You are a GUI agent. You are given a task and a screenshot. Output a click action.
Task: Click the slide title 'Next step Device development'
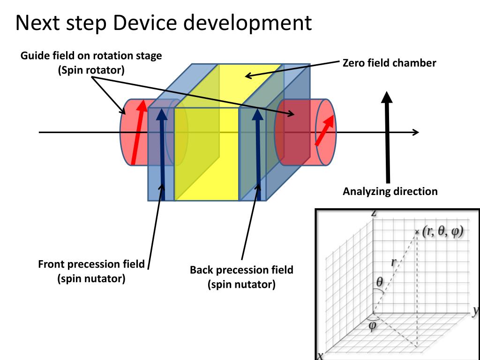pos(164,22)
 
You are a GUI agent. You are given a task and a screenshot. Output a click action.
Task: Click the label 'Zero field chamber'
pos(389,63)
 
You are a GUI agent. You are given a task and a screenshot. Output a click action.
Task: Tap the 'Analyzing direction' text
pos(390,191)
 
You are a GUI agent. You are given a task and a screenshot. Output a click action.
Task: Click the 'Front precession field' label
pos(91,264)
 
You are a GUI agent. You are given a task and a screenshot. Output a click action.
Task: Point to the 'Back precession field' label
pos(241,270)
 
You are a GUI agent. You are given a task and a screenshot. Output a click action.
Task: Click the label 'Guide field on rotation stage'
pos(91,56)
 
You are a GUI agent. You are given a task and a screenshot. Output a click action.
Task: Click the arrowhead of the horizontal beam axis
pos(415,133)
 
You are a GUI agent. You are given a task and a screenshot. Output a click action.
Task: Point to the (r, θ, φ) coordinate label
pos(442,232)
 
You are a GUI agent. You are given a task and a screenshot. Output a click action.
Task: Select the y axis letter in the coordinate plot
pos(475,310)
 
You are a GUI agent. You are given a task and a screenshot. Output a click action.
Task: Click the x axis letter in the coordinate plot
pos(320,356)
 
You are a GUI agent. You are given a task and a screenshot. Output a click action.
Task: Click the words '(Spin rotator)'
pos(91,70)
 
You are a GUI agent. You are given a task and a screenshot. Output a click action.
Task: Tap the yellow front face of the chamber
pos(206,155)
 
